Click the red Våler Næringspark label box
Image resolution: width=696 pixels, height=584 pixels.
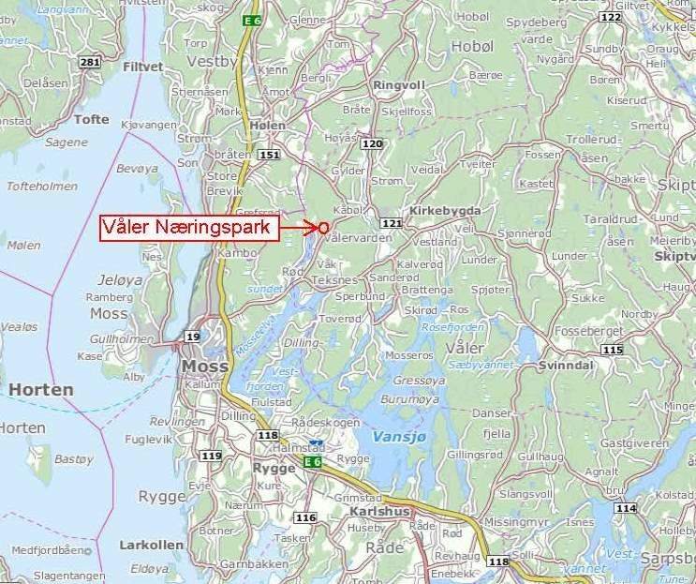[x=191, y=228]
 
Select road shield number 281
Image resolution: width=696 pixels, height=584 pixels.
[x=90, y=63]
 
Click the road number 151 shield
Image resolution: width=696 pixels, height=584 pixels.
[x=271, y=155]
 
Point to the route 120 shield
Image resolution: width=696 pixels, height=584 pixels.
[x=373, y=143]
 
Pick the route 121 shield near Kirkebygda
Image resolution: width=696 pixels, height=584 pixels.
[x=392, y=223]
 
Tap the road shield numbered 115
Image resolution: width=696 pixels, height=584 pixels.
[x=612, y=350]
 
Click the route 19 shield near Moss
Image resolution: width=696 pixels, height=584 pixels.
[x=193, y=337]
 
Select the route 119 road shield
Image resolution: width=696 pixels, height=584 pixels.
[x=212, y=457]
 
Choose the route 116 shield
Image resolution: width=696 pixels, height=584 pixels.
[x=305, y=517]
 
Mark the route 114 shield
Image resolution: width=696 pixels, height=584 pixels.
[x=626, y=508]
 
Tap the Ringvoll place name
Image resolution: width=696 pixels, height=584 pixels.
[x=398, y=84]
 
